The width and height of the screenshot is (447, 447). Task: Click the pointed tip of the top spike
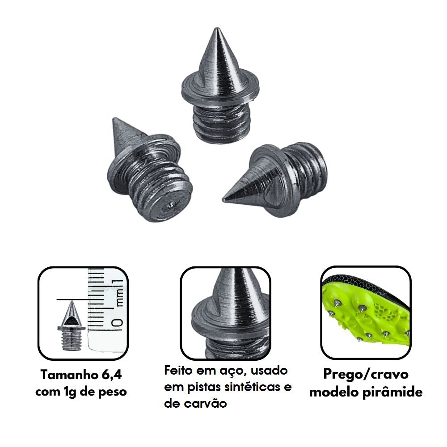click(217, 28)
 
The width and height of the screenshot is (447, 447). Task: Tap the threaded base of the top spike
click(222, 122)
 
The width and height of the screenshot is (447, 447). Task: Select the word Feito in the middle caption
click(179, 370)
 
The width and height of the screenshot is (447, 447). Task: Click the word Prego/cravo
click(366, 374)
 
